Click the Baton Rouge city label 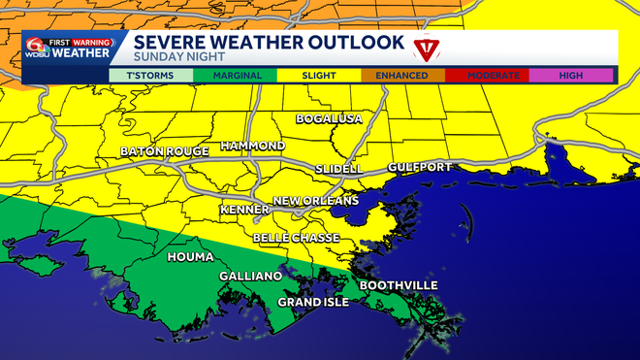[x=159, y=152]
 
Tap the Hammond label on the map [x=252, y=146]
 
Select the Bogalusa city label [x=329, y=118]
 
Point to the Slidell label [x=338, y=169]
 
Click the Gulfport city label [x=420, y=167]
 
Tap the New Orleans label [x=315, y=201]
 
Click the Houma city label [x=191, y=257]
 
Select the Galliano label [x=250, y=277]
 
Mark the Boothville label [x=399, y=285]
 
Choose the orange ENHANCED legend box [x=402, y=75]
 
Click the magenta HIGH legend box [x=570, y=75]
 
